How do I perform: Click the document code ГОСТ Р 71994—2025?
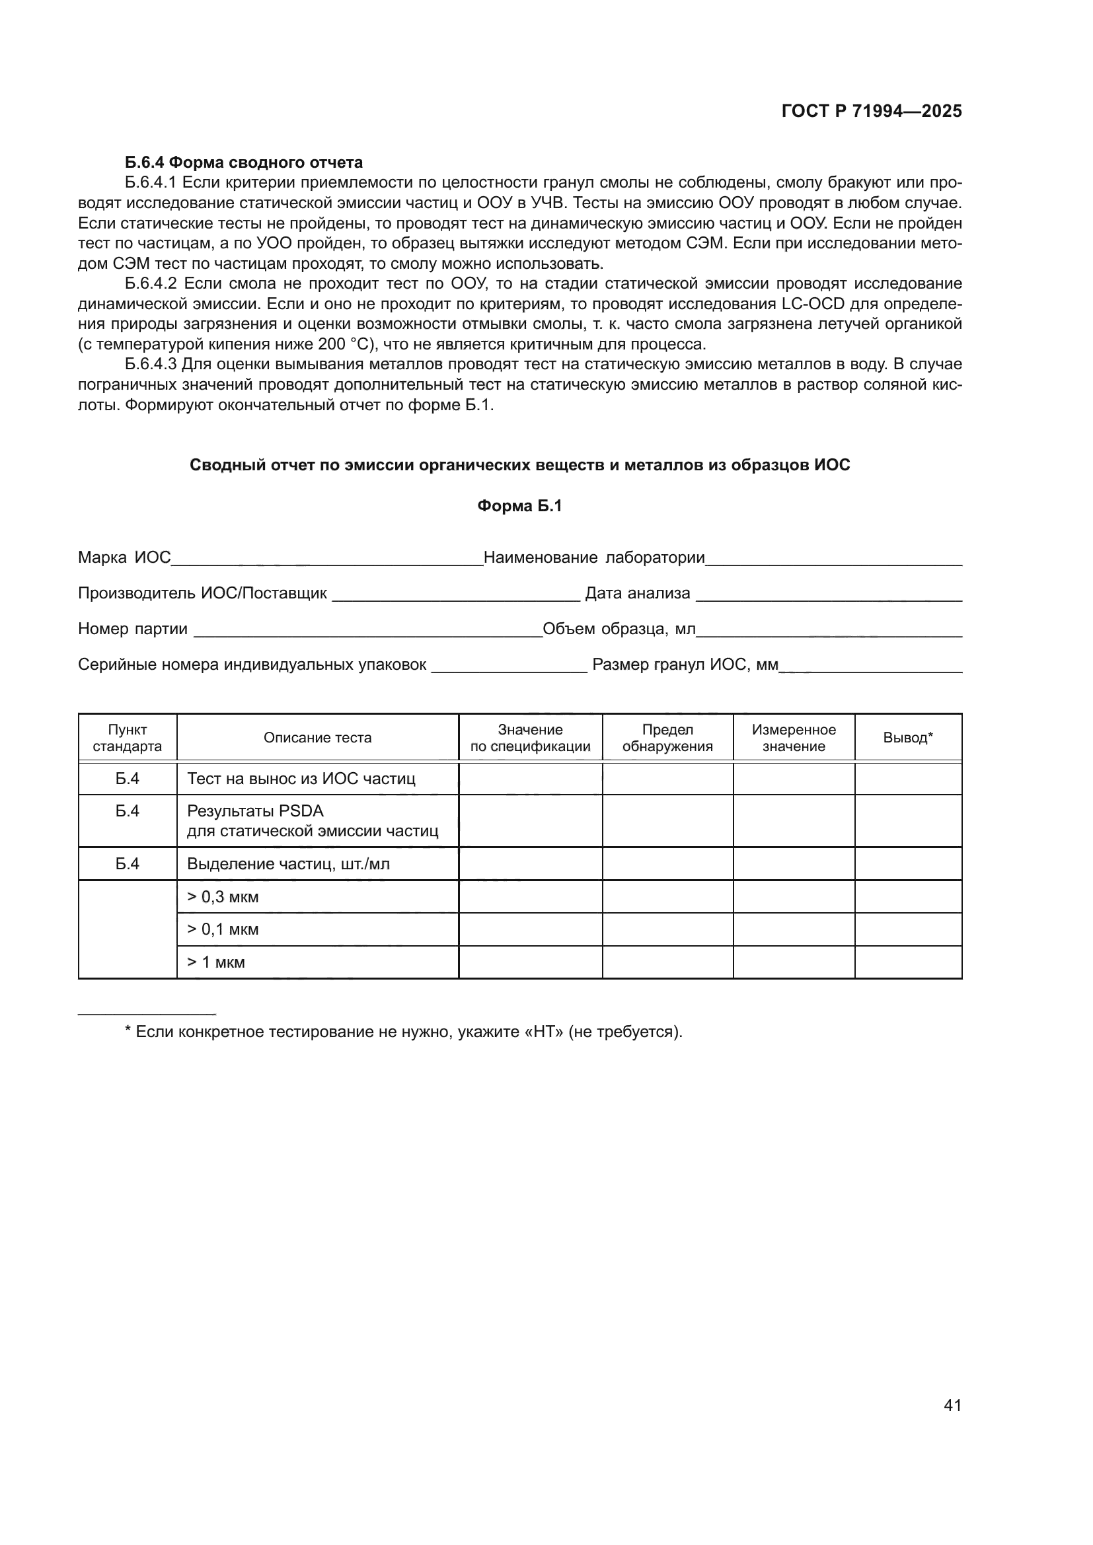pos(872,112)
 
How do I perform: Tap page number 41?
pos(952,1405)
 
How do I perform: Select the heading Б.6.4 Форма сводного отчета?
pos(244,162)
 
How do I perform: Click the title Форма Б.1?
pos(519,506)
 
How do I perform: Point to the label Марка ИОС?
pos(124,557)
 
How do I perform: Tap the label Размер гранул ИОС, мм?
pos(685,665)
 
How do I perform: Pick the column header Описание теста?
pos(318,738)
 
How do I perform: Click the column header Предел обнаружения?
pos(667,738)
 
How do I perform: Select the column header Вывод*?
pos(908,738)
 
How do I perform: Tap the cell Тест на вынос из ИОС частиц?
pos(301,779)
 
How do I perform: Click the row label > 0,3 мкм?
pos(223,897)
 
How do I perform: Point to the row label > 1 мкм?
pos(216,962)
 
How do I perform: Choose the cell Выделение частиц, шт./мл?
pos(288,864)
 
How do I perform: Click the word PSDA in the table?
pos(301,811)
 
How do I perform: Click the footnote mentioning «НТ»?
pos(404,1032)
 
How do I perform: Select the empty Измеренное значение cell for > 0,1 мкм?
pos(794,929)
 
